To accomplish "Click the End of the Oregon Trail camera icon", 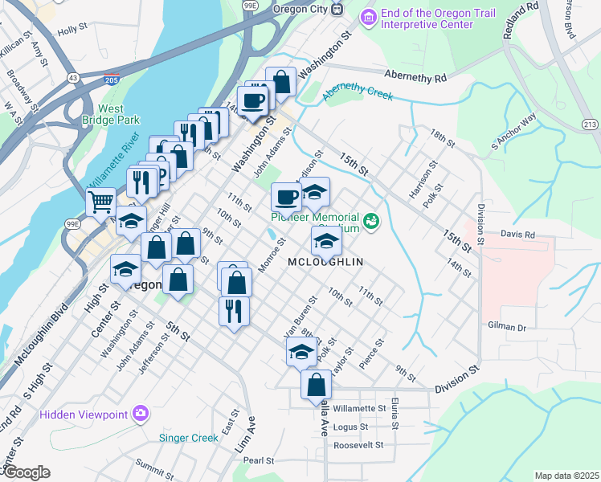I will pyautogui.click(x=368, y=16).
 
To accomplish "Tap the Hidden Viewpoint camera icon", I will pyautogui.click(x=141, y=413).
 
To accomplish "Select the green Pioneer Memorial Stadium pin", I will pyautogui.click(x=371, y=219).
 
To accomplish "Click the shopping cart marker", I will pyautogui.click(x=100, y=201).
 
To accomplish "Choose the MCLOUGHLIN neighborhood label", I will pyautogui.click(x=325, y=262).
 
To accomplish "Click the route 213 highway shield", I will pyautogui.click(x=590, y=124).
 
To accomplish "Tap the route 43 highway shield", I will pyautogui.click(x=72, y=77).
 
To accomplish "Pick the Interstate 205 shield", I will pyautogui.click(x=112, y=80).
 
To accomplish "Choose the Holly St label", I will pyautogui.click(x=72, y=29).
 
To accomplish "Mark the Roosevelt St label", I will pyautogui.click(x=359, y=444).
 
